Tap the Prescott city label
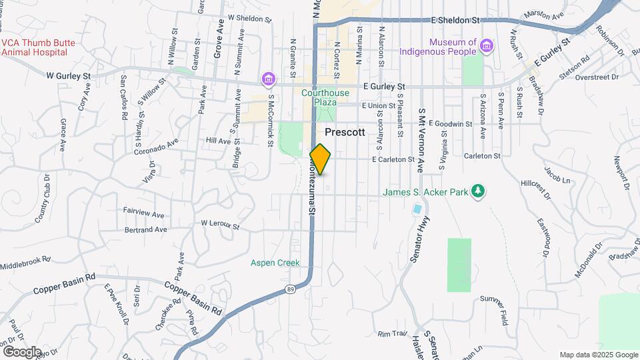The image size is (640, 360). tap(345, 133)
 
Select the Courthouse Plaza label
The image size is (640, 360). tap(319, 98)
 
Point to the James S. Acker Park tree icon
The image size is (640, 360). tap(477, 192)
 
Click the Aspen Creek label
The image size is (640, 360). tap(275, 263)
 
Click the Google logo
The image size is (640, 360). tap(22, 351)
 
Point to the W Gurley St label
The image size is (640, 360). tap(68, 77)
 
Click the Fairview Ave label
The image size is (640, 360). tap(143, 215)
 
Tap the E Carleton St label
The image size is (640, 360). tap(393, 160)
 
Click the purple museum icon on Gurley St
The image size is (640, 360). tap(268, 79)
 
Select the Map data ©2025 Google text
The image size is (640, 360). tap(598, 355)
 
